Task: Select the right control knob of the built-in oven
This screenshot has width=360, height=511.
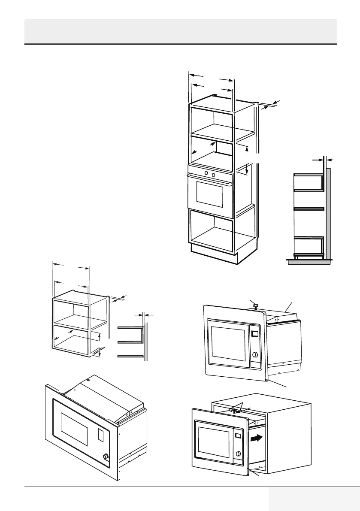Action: [214, 174]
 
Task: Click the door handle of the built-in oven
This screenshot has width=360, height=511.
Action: [209, 180]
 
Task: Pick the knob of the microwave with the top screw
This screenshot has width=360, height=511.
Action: [256, 355]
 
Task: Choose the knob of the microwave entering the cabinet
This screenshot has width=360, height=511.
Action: [237, 455]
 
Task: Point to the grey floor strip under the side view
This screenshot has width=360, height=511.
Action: [309, 262]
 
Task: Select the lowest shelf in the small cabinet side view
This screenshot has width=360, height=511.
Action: [130, 356]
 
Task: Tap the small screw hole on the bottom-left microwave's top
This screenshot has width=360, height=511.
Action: [88, 380]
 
